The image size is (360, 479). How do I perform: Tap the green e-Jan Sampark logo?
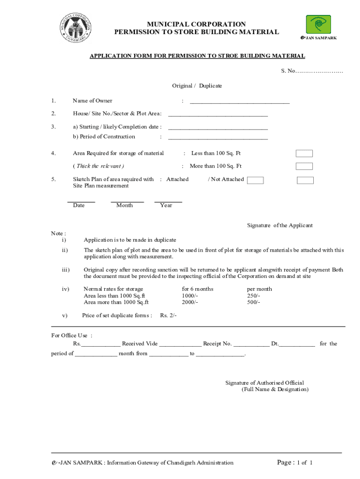point(318,24)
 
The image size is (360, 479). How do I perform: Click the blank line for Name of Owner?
point(239,102)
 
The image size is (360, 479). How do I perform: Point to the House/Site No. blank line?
point(218,114)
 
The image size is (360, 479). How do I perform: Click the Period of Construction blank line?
point(218,138)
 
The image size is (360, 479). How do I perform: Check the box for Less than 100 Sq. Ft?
point(304,153)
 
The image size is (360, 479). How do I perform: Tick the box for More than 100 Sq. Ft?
point(304,166)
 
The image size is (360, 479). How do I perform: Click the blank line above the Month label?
point(127,201)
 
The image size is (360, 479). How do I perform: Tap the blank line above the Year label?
point(168,201)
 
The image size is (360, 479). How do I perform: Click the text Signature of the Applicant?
point(280,225)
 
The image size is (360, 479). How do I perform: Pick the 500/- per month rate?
point(253,302)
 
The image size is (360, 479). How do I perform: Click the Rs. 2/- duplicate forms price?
point(168,315)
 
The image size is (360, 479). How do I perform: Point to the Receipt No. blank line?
point(251,345)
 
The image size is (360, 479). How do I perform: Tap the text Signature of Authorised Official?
point(264,383)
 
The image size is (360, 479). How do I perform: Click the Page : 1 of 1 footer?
point(295,463)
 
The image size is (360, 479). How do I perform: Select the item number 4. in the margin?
point(54,153)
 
